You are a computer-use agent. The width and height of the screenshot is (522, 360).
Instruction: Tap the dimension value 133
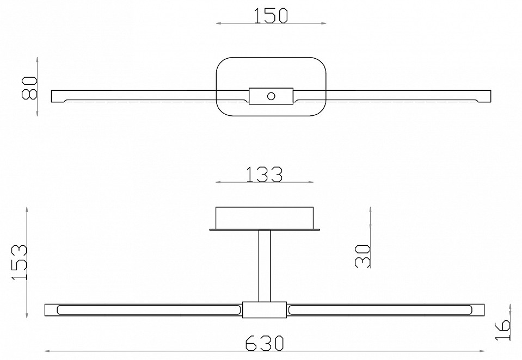264,174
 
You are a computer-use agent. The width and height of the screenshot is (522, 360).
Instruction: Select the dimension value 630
265,343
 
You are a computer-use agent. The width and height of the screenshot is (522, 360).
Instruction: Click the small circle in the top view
271,96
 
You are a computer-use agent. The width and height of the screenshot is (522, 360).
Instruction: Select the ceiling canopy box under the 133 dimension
265,218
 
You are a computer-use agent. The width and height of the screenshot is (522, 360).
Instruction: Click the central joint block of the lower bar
265,310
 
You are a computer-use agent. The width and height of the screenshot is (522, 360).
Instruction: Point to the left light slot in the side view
147,310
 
